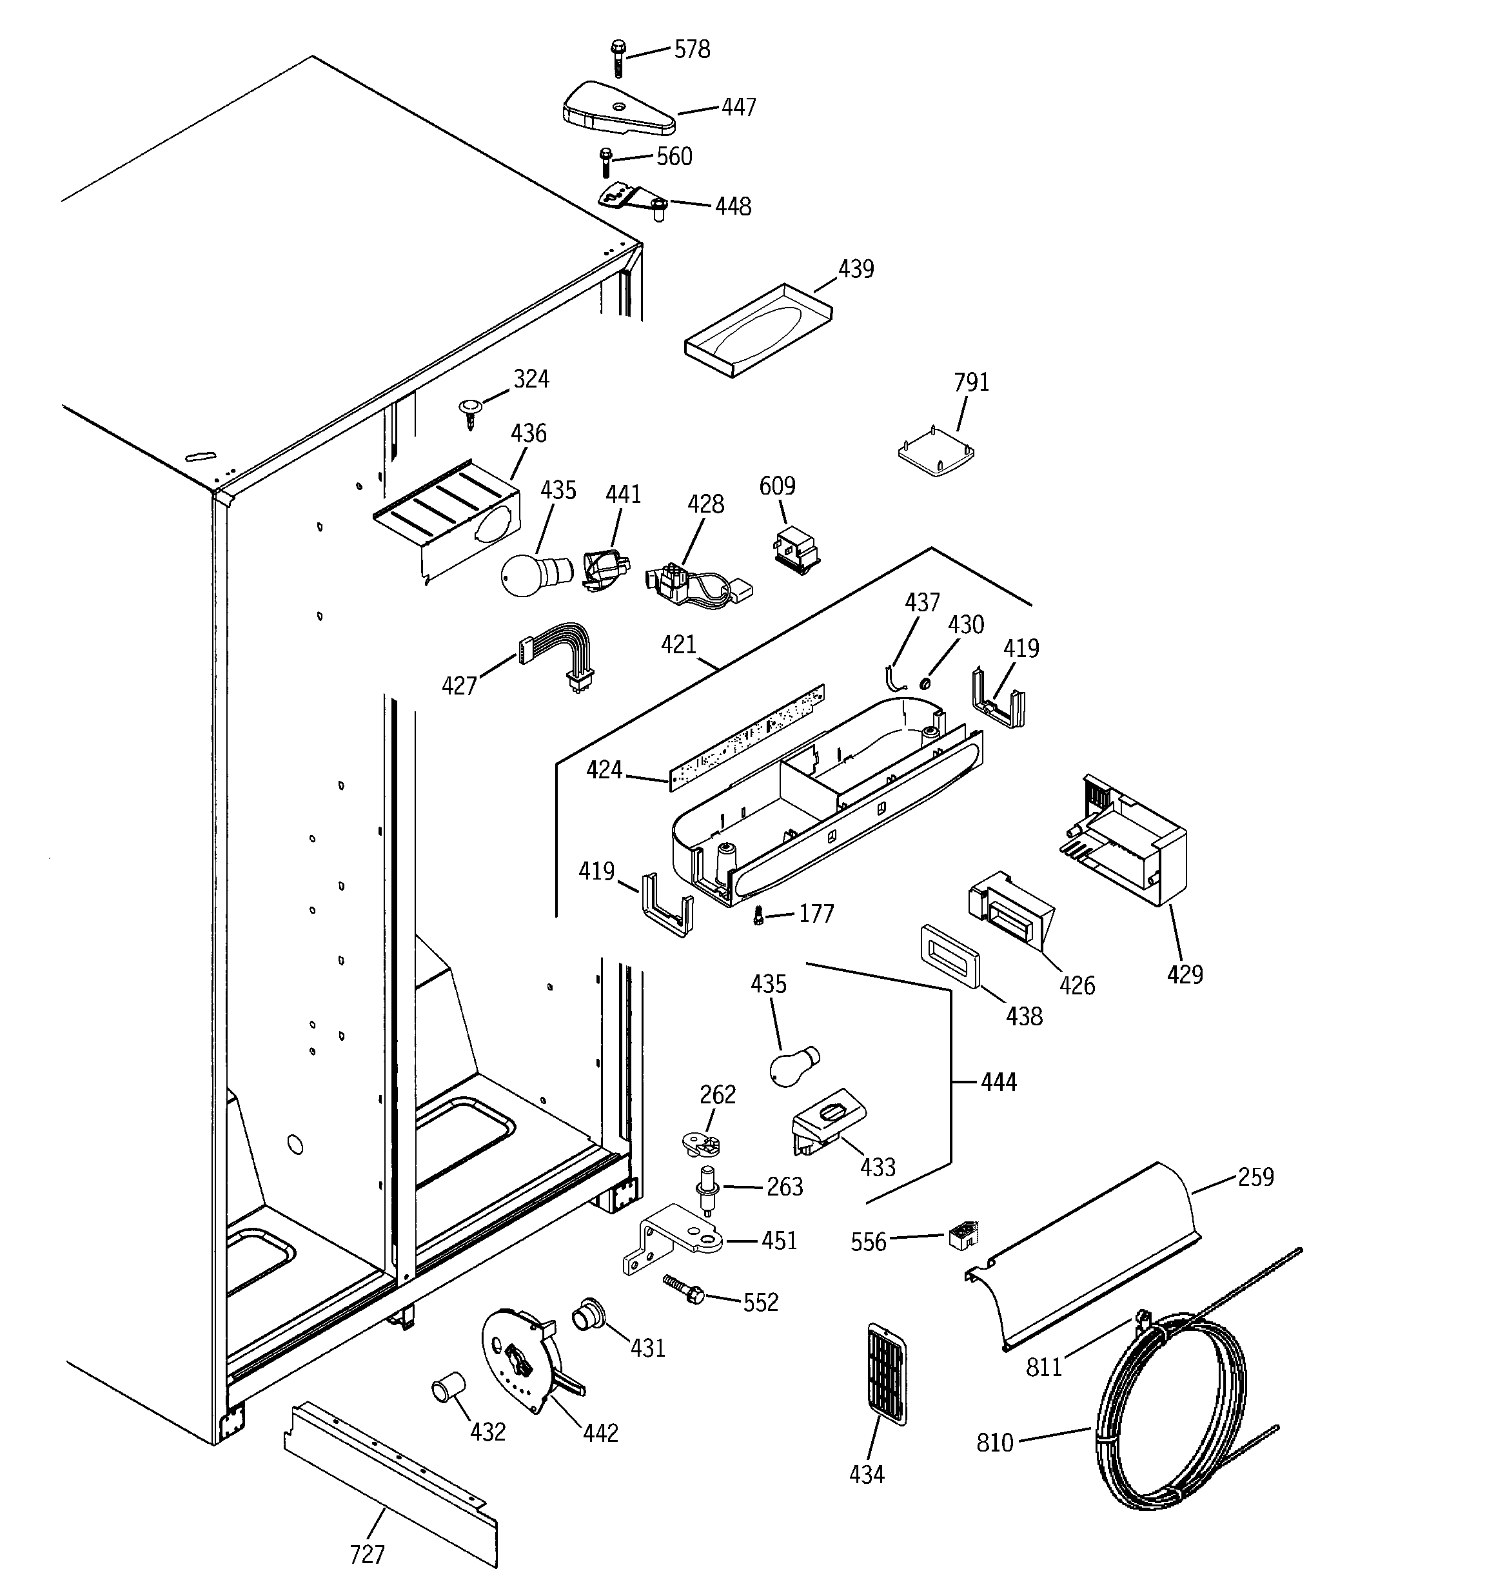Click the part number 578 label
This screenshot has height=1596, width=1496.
(x=691, y=50)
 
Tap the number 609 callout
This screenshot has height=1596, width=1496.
(x=776, y=486)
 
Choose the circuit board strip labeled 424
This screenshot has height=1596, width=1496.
(x=747, y=737)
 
